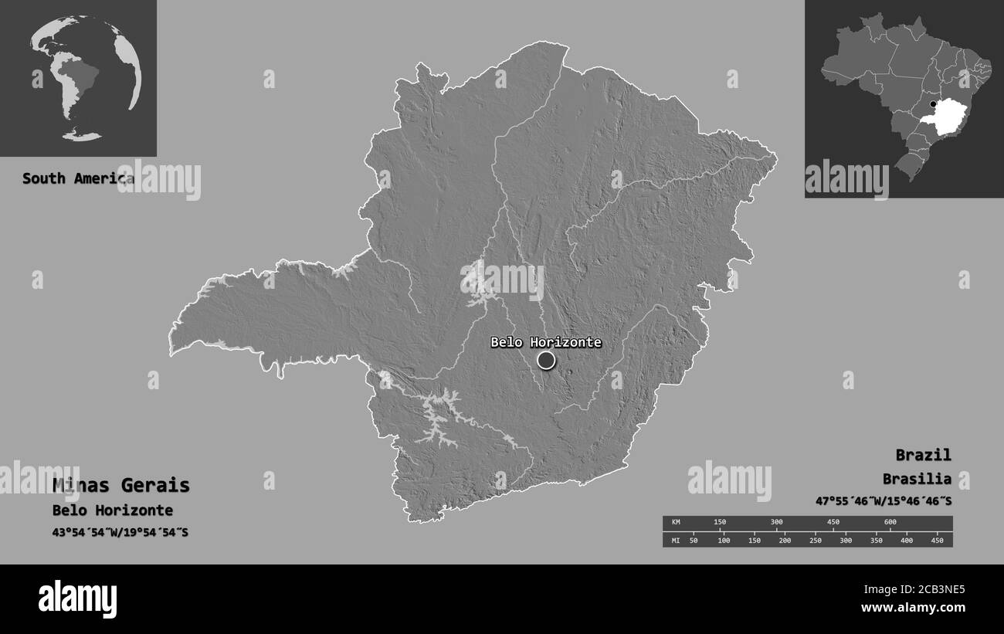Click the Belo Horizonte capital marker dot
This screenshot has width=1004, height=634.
(x=546, y=360)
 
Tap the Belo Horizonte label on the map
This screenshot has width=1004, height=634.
(x=546, y=342)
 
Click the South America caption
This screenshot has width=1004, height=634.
(x=77, y=178)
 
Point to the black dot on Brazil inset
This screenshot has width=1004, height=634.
(x=933, y=104)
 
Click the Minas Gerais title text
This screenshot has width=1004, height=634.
(x=121, y=485)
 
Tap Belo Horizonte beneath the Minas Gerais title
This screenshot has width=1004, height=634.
(x=113, y=510)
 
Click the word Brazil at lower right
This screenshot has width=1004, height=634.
(x=924, y=455)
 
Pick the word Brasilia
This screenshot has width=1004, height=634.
(x=918, y=479)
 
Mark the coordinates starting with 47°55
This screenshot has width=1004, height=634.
(x=884, y=501)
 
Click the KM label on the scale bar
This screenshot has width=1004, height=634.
(x=675, y=523)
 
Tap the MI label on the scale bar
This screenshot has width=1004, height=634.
(x=675, y=540)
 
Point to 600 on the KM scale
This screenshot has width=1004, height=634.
(x=890, y=523)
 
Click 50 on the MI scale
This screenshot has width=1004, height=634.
(x=693, y=540)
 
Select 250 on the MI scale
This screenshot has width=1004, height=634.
(x=815, y=540)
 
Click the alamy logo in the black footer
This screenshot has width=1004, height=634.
(x=77, y=599)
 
